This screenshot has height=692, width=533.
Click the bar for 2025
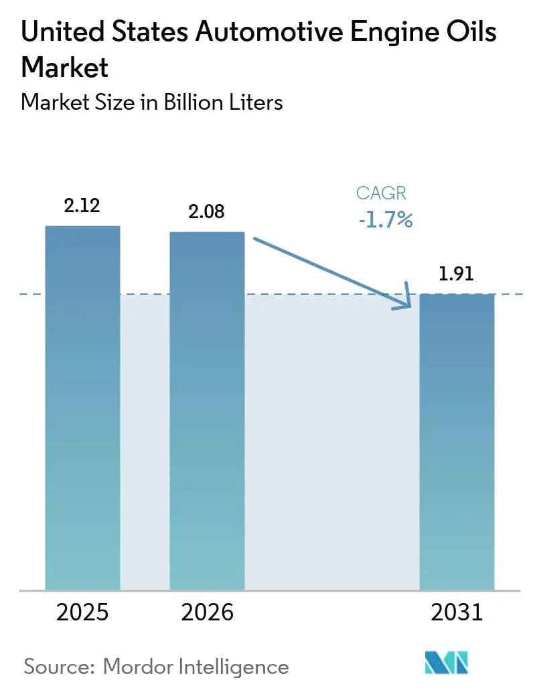(82, 408)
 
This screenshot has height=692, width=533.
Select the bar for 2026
(207, 411)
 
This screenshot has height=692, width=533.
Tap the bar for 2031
(457, 442)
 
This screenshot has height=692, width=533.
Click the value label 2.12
(82, 205)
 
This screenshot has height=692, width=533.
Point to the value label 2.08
(206, 212)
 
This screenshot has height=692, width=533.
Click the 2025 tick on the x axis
(82, 612)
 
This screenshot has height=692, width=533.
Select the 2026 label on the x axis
(207, 612)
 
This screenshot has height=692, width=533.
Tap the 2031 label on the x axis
(457, 612)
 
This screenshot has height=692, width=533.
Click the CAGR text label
(382, 193)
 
